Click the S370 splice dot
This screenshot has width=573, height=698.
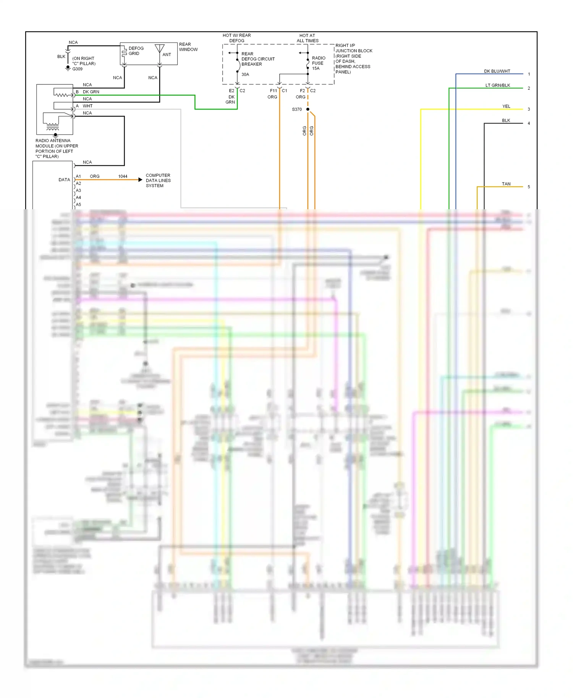308,109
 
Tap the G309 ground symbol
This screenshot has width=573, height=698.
68,68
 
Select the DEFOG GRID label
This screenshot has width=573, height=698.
136,51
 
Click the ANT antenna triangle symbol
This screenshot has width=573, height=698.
160,48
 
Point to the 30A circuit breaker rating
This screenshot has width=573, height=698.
245,74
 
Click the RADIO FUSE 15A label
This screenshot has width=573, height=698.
318,63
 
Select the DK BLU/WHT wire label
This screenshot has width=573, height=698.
497,71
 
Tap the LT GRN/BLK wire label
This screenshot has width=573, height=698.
498,85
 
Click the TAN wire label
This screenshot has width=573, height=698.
506,184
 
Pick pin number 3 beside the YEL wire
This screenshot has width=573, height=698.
529,109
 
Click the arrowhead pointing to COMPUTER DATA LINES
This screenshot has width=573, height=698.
140,179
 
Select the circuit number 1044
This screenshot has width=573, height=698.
123,176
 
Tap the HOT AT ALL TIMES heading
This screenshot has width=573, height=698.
308,38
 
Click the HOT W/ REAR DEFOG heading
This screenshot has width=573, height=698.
237,38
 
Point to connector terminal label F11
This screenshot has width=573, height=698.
273,90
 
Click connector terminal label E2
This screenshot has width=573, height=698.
231,90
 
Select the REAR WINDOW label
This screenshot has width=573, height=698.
188,47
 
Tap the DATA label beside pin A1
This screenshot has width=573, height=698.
64,179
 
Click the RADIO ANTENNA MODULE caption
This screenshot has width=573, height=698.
57,149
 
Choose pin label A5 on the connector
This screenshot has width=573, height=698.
78,205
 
